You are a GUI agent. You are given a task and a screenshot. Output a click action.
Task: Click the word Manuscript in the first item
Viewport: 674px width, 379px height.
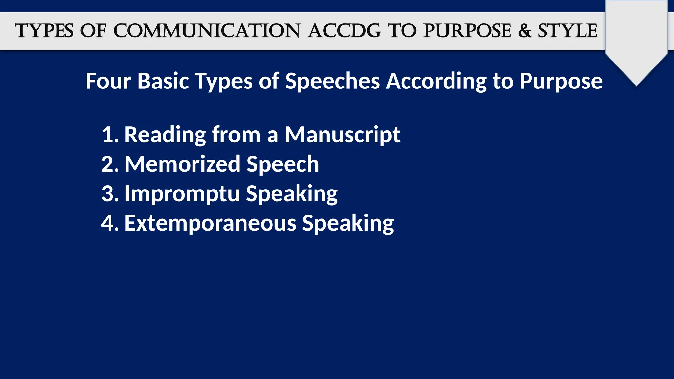(342, 135)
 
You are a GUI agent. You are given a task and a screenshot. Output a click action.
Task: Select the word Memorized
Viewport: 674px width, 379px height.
(182, 164)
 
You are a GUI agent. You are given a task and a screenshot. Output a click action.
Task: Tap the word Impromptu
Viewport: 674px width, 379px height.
(182, 194)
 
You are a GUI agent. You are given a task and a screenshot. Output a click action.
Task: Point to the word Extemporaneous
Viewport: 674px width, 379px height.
(210, 223)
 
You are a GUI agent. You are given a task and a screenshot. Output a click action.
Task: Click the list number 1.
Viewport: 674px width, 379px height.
(109, 135)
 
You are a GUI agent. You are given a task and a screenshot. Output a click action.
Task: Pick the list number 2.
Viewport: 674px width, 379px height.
(109, 164)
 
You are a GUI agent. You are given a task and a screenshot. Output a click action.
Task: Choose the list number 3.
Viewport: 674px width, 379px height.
(109, 194)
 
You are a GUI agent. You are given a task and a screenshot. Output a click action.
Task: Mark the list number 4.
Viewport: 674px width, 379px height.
(109, 223)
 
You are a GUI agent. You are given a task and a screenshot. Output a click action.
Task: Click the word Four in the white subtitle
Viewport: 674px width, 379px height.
(108, 81)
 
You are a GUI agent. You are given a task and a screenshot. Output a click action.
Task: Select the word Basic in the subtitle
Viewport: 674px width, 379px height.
(163, 81)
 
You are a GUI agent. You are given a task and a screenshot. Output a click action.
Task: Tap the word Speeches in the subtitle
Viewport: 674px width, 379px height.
(332, 81)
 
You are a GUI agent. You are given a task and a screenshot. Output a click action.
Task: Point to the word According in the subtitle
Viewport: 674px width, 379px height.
(436, 82)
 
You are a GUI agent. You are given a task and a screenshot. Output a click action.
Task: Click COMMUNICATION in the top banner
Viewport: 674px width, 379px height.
(207, 31)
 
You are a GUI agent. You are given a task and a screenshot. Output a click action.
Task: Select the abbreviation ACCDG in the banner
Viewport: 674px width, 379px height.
(344, 31)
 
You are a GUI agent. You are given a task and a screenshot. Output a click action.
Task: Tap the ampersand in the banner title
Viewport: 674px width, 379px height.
(525, 31)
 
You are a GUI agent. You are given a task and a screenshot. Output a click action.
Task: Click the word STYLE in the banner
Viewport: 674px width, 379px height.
(567, 31)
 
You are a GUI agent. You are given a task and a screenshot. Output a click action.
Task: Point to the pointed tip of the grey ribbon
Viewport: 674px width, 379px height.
(636, 85)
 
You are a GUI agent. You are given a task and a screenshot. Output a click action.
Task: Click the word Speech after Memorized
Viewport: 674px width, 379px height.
(283, 164)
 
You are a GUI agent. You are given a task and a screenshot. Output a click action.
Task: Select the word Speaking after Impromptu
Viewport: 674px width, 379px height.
(292, 194)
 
